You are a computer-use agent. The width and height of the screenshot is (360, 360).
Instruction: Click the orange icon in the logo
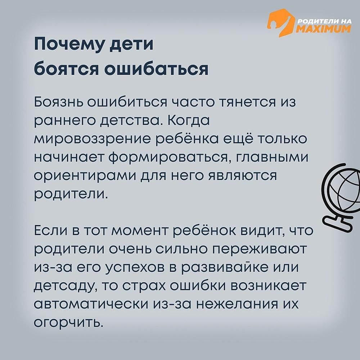(280, 23)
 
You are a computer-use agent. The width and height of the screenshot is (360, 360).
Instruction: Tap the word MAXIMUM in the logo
(324, 29)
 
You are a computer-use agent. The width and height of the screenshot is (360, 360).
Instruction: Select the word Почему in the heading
(70, 44)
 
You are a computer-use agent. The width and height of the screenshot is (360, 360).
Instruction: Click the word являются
(242, 176)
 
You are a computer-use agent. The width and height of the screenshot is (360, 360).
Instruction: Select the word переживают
(259, 249)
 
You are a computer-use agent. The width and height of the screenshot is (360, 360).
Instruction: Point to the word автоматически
(91, 304)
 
